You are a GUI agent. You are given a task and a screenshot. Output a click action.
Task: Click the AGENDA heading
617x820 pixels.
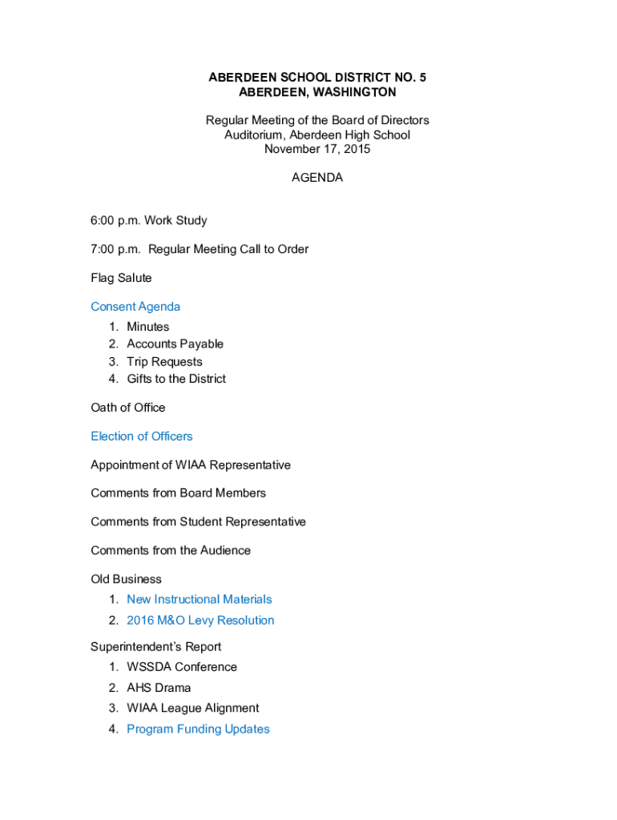[x=317, y=178]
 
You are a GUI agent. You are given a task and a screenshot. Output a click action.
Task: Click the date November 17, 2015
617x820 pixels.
[x=317, y=149]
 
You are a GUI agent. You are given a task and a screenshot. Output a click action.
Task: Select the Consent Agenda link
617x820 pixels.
[x=135, y=307]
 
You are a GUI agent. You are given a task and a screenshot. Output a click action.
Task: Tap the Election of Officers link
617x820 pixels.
[x=142, y=436]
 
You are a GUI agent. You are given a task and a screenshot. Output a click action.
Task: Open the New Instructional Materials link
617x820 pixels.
[x=199, y=599]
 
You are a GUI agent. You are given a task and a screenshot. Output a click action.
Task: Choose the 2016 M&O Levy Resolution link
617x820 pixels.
[x=200, y=620]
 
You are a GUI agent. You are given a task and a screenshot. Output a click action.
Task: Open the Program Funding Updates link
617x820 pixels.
[x=198, y=729]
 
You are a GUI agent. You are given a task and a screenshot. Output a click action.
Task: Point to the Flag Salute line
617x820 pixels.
[x=121, y=278]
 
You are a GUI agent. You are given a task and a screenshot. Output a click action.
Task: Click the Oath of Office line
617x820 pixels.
[x=128, y=408]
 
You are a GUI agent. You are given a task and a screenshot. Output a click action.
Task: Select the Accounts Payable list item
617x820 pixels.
[x=175, y=344]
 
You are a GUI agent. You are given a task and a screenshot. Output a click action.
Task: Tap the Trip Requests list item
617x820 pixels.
[x=164, y=361]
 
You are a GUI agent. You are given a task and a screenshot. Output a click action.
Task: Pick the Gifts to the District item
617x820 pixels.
[x=176, y=379]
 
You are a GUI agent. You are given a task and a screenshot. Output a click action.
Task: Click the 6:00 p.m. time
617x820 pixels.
[x=115, y=220]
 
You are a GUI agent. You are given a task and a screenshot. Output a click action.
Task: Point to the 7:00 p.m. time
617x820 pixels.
[x=115, y=249]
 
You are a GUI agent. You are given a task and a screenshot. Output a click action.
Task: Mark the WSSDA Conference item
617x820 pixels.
[x=182, y=666]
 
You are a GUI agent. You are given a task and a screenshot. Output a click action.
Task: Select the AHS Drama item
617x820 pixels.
[x=159, y=687]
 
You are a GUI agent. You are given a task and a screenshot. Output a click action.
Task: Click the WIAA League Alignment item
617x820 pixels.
[x=192, y=708]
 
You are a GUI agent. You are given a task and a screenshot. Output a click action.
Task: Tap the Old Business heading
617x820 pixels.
[x=126, y=579]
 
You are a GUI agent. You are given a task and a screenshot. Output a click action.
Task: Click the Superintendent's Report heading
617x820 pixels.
[x=156, y=646]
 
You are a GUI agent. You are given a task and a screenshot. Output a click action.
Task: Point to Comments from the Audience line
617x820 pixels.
[x=171, y=550]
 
